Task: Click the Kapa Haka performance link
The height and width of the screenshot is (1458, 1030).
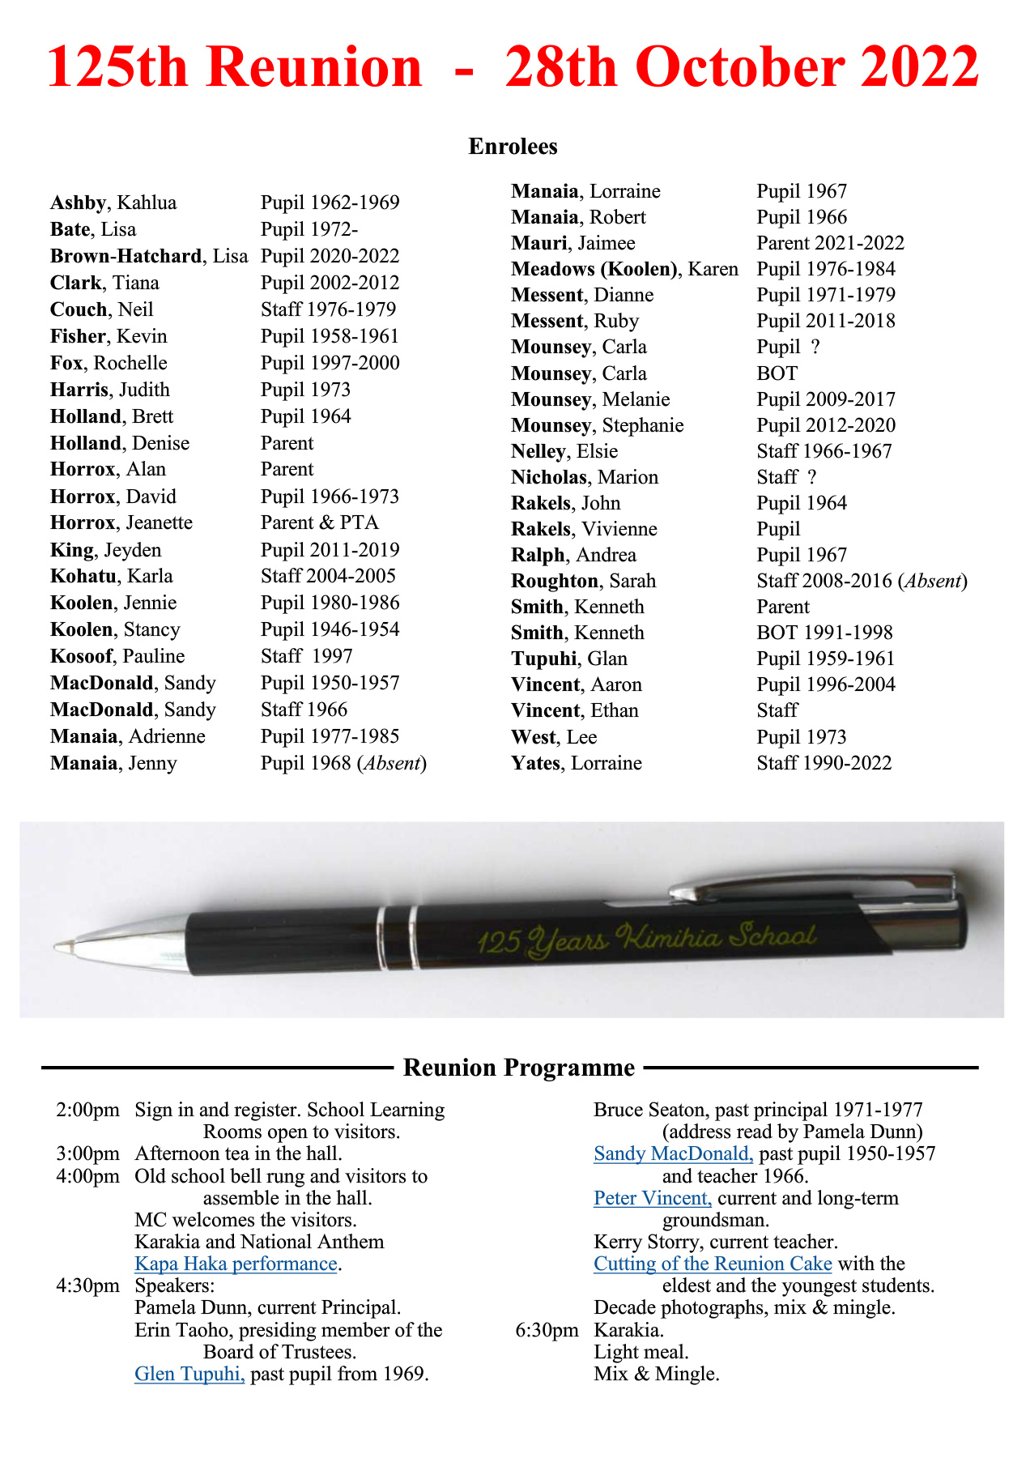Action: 236,1264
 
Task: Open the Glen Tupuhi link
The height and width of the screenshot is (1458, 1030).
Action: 189,1374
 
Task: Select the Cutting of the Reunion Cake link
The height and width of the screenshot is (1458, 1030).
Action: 713,1264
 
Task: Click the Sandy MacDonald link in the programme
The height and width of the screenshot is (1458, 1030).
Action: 673,1153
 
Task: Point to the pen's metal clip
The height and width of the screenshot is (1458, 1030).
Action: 818,883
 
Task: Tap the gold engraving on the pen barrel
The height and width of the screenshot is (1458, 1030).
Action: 646,938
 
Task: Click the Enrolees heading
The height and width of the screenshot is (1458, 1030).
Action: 513,147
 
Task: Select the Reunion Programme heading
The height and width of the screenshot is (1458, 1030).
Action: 518,1068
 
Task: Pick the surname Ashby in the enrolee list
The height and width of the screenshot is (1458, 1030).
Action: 78,202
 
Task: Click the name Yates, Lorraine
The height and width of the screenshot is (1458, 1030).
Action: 576,763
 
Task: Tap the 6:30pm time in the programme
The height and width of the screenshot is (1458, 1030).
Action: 547,1330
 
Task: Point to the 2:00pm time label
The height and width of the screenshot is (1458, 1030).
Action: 87,1110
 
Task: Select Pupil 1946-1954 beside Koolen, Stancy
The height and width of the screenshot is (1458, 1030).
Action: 330,629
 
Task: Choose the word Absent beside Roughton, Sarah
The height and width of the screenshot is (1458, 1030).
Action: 934,581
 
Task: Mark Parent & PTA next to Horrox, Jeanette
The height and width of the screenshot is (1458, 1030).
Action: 319,522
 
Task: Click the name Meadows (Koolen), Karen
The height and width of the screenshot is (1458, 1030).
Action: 624,269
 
